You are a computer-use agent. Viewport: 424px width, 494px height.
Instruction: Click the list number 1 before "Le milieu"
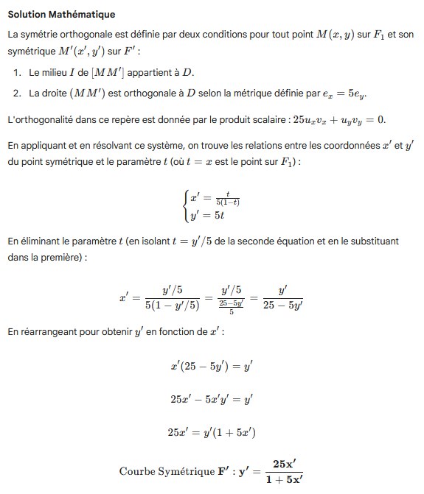pyautogui.click(x=17, y=73)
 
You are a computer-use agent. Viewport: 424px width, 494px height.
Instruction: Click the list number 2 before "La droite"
pyautogui.click(x=17, y=93)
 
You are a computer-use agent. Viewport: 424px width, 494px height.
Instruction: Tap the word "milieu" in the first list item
pyautogui.click(x=58, y=73)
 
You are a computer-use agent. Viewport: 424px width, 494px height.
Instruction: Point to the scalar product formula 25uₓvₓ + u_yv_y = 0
pyautogui.click(x=329, y=119)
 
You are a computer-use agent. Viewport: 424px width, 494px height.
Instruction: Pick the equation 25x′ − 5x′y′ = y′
pyautogui.click(x=212, y=399)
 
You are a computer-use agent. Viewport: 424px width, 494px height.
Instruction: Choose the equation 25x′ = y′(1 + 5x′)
pyautogui.click(x=212, y=432)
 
